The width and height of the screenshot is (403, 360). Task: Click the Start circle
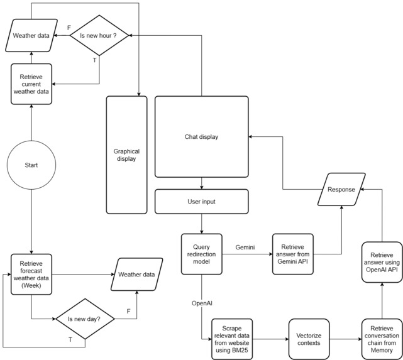(31, 165)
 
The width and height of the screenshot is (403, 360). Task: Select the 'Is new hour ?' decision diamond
(99, 36)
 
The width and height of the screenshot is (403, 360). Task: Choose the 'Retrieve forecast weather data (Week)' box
(31, 274)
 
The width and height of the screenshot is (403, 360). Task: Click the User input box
(202, 202)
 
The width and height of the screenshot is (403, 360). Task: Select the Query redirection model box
(202, 253)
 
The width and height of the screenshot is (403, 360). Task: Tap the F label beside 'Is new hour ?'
(69, 28)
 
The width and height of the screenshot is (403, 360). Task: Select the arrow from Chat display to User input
(202, 184)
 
